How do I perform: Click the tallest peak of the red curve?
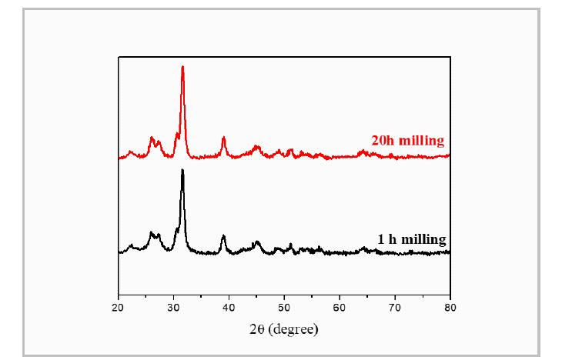(182, 68)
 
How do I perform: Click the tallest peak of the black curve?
(182, 171)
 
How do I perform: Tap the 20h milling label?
(407, 141)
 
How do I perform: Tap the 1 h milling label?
(411, 239)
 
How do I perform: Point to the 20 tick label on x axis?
(118, 308)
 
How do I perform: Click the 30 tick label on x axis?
(173, 308)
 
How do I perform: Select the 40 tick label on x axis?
(229, 308)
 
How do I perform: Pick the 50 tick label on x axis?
(284, 308)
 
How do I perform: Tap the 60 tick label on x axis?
(340, 308)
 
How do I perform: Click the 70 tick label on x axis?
(395, 308)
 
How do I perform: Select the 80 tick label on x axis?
(450, 308)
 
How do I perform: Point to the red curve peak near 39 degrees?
(223, 138)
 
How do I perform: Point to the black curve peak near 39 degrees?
(223, 237)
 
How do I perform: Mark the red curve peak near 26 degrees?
(152, 138)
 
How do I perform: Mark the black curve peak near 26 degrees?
(152, 232)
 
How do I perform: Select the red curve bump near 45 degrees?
(257, 147)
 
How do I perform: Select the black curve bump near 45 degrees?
(257, 243)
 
